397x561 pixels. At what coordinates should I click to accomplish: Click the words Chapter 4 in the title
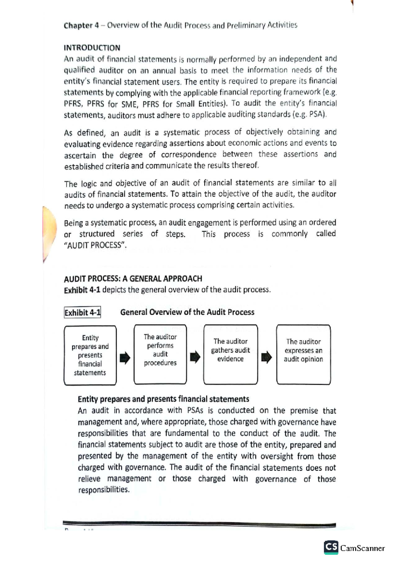click(81, 25)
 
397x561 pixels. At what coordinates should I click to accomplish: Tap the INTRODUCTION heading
click(92, 48)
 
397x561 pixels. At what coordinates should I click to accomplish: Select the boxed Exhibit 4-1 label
click(82, 313)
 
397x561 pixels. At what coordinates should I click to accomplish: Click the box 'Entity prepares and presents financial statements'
click(90, 355)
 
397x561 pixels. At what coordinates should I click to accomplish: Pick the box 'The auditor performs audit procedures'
click(160, 354)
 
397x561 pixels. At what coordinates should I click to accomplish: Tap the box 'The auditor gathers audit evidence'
click(231, 354)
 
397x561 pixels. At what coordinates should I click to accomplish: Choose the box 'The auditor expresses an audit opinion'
click(303, 354)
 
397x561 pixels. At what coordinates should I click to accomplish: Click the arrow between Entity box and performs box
click(125, 357)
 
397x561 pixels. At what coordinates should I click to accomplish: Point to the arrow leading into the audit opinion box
click(266, 357)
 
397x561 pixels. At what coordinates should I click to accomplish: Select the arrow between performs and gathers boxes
click(195, 357)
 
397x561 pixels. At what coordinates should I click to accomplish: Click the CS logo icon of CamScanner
click(331, 547)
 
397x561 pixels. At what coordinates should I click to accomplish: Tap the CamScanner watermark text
click(363, 548)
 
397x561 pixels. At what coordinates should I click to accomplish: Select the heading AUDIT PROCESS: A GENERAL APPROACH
click(133, 279)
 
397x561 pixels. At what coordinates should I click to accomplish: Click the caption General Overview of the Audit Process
click(187, 312)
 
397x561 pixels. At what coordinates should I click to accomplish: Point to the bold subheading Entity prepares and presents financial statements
click(163, 399)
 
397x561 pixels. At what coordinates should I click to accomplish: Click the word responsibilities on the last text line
click(104, 490)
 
